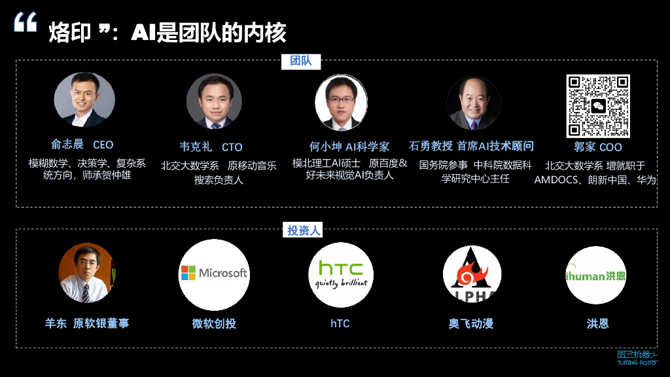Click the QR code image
click(x=597, y=106)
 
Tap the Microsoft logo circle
click(x=214, y=274)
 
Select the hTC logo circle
click(x=342, y=274)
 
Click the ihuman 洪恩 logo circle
click(x=595, y=276)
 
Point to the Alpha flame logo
click(x=472, y=275)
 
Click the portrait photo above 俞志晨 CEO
click(x=84, y=99)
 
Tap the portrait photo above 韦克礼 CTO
click(x=214, y=101)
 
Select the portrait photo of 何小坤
click(x=341, y=102)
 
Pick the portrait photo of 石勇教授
click(x=473, y=103)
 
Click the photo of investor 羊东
click(x=86, y=273)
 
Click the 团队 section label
click(x=301, y=61)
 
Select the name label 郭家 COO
click(x=597, y=147)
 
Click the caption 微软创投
click(x=214, y=323)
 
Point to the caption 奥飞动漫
click(x=471, y=323)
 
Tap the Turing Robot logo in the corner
click(x=637, y=357)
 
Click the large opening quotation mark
click(x=26, y=25)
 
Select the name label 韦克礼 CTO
click(x=211, y=147)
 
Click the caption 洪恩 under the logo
click(x=597, y=323)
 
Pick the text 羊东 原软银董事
click(x=87, y=323)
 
